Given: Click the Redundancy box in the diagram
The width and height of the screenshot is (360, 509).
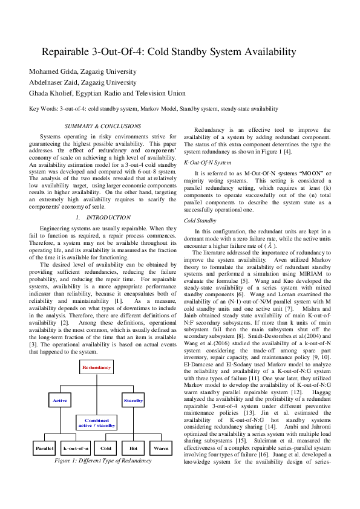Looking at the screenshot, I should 97,367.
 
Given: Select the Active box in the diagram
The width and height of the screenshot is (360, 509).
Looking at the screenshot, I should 60,400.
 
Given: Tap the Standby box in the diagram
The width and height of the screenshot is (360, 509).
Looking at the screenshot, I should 133,400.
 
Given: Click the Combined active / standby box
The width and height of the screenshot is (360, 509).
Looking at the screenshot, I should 97,423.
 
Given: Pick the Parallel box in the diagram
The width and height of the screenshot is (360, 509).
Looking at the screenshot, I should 45,448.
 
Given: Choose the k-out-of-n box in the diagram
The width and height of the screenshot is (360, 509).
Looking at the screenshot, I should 76,448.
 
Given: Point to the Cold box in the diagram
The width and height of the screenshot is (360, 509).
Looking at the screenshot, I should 106,448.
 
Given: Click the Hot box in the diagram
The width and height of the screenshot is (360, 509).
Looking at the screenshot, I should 133,448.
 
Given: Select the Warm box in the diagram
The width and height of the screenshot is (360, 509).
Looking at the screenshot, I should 160,448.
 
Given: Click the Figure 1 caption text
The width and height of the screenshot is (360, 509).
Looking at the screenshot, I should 94,461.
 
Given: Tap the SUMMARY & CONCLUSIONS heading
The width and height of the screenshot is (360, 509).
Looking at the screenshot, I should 103,126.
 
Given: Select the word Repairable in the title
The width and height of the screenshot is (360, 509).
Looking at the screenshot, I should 71,52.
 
